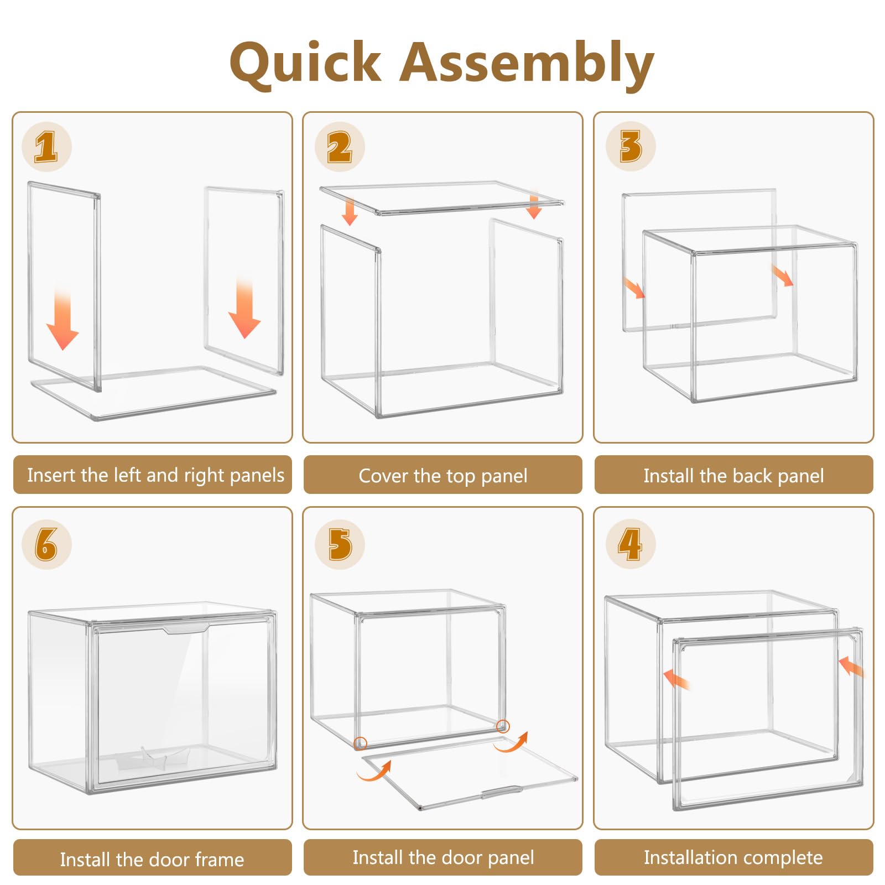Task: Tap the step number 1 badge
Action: pos(46,147)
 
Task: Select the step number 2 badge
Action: pos(340,147)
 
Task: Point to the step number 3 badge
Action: pos(631,147)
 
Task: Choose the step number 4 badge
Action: pos(631,544)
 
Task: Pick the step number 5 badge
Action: pos(340,544)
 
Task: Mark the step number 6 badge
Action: pos(46,544)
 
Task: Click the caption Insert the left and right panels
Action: pos(155,475)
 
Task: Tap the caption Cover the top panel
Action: pos(443,476)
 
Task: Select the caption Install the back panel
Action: pos(733,476)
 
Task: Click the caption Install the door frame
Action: pos(152,859)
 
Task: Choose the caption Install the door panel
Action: pos(443,857)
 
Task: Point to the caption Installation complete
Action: pos(733,857)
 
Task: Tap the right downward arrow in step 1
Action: pos(244,308)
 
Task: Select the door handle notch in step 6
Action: pos(186,629)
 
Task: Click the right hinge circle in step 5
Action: pos(503,726)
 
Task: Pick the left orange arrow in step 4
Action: pos(676,679)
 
